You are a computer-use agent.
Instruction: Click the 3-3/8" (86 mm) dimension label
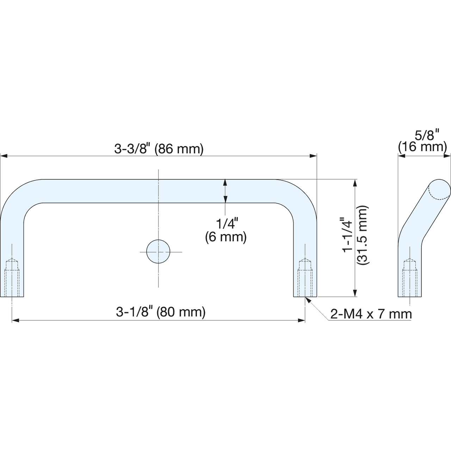159,149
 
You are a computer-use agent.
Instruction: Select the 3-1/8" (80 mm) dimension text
161,312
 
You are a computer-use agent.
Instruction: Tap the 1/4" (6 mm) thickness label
226,230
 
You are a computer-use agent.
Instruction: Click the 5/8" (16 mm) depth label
422,142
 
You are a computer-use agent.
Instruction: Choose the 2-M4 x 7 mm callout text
371,314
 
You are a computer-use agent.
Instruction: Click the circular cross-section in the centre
158,251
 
